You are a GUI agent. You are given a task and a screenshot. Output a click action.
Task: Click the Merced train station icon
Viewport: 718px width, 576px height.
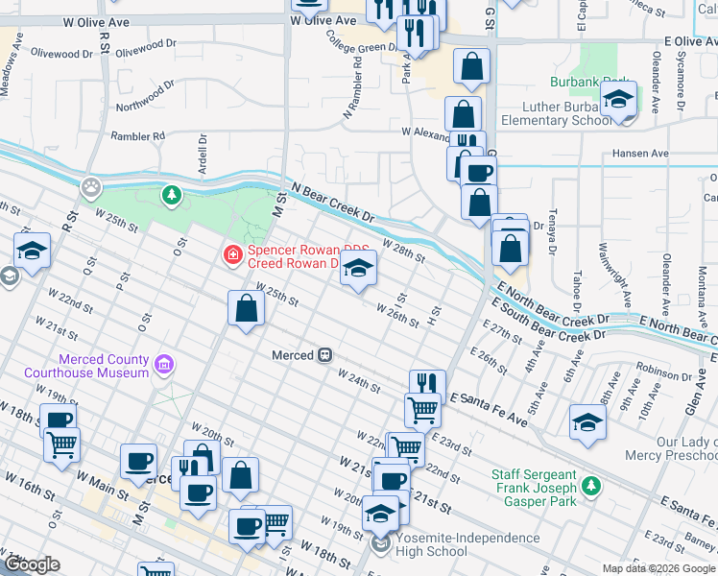(325, 355)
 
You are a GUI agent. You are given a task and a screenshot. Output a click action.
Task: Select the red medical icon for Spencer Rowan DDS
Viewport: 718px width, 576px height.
(231, 254)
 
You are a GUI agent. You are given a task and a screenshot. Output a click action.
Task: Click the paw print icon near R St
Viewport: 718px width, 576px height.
(91, 185)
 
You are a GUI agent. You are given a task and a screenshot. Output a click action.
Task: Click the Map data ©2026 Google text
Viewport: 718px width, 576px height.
(658, 568)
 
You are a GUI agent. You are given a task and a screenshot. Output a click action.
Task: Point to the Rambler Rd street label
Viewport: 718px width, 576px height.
(137, 136)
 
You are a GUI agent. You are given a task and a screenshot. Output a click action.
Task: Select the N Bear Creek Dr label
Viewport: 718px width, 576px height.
(326, 202)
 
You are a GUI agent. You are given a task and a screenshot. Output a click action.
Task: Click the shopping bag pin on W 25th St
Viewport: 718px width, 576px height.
(247, 309)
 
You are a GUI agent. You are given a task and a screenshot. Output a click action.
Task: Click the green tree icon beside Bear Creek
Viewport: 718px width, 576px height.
(172, 196)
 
